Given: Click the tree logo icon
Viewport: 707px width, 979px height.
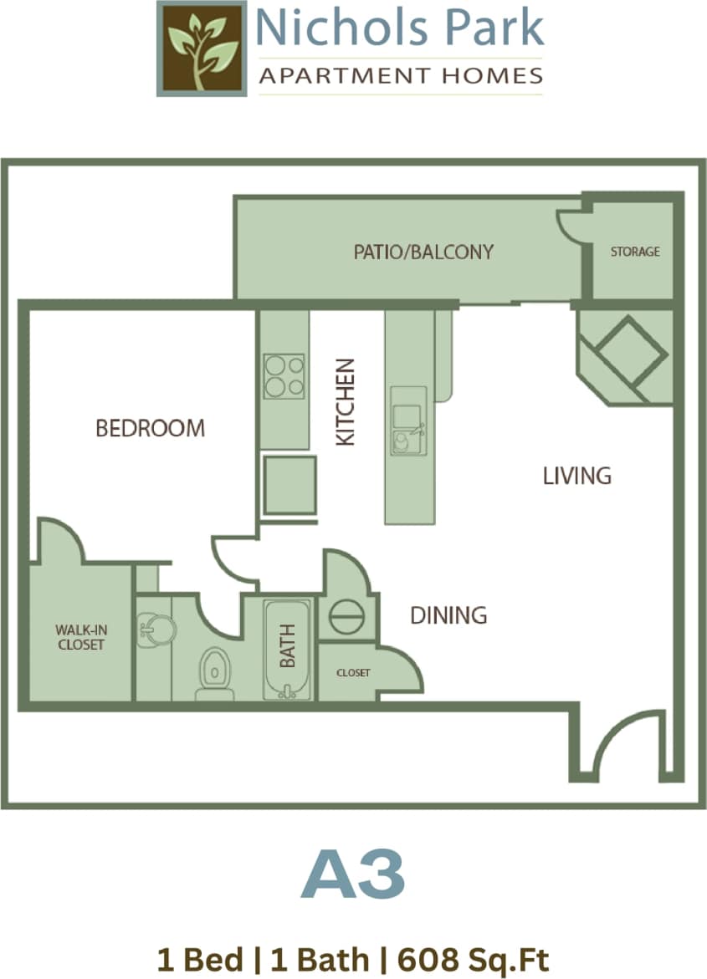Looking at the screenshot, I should click(201, 48).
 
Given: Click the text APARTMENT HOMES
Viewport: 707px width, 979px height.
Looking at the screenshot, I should click(401, 76).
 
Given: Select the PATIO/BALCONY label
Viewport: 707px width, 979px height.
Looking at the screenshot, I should click(423, 252).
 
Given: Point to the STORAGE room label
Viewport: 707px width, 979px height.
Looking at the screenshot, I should click(634, 251).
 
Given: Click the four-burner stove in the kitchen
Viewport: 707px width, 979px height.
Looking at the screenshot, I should click(284, 376).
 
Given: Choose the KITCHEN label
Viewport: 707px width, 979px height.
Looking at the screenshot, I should click(346, 402).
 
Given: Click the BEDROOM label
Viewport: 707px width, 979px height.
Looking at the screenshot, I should click(150, 428).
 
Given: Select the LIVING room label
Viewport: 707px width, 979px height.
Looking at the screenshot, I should click(577, 476).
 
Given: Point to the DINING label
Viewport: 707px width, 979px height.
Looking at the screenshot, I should click(448, 615).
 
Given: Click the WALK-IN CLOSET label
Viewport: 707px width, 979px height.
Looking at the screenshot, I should click(80, 637).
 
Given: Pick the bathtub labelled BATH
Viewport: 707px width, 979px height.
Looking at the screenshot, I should click(288, 649).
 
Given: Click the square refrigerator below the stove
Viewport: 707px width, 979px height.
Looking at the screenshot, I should click(289, 485).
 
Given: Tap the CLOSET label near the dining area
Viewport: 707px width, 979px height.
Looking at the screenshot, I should click(353, 672).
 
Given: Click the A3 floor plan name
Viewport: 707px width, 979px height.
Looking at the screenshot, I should click(353, 874).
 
